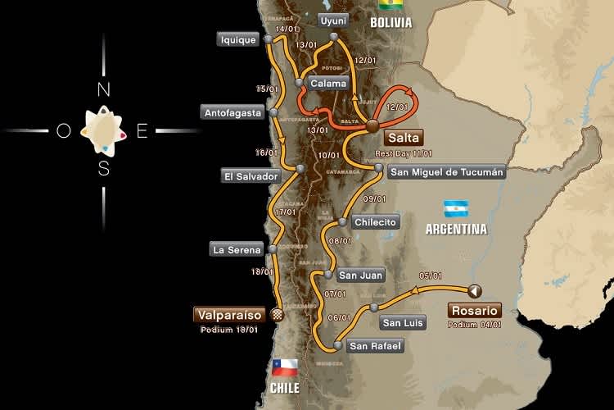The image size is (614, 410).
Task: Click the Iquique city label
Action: point(238,39)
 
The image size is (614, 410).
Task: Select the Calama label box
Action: point(328,83)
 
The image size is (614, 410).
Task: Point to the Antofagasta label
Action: point(233,112)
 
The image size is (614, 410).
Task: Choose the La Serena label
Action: point(237,249)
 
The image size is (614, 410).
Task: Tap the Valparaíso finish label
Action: point(228,314)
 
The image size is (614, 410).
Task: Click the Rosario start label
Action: point(474,311)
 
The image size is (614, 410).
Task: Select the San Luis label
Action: point(403,322)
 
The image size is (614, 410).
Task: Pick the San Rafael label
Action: point(375,346)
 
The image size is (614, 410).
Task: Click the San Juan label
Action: point(361,276)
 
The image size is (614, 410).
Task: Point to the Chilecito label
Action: point(376,221)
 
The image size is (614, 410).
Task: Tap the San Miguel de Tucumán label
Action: point(446,172)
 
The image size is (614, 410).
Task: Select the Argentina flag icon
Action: point(455,208)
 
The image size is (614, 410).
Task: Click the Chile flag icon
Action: point(284,367)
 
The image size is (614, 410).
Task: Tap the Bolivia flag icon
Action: point(391,5)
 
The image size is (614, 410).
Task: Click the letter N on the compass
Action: point(104,89)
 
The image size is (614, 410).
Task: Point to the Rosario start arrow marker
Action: point(474,289)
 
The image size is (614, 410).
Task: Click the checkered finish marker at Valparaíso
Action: point(276,314)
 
